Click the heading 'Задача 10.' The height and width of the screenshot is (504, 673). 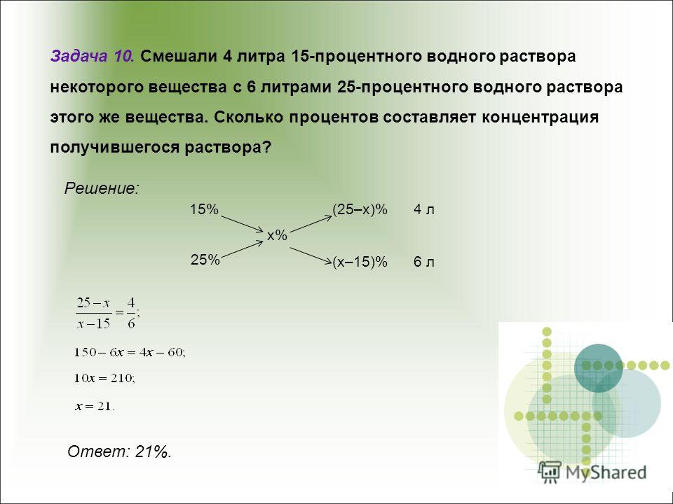click(93, 56)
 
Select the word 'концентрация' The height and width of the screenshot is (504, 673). click(540, 118)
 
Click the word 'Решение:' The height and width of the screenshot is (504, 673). click(102, 188)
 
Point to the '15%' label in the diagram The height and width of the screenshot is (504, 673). click(204, 209)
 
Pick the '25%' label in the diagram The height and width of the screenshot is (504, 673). click(205, 260)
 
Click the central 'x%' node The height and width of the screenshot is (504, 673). click(277, 235)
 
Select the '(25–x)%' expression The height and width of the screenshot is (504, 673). click(360, 209)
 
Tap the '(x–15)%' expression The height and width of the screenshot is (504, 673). click(360, 261)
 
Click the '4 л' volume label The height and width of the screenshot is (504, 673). click(424, 209)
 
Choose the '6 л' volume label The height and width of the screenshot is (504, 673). click(424, 262)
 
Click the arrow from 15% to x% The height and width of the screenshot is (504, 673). click(242, 224)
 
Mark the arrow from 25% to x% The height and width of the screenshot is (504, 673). click(242, 249)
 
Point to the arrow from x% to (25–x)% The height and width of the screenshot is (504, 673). click(311, 224)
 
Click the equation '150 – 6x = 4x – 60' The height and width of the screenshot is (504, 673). click(130, 353)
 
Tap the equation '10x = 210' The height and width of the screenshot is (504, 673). click(104, 379)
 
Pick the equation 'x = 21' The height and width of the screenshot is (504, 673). click(95, 406)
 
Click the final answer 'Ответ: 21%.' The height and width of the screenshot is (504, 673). click(120, 451)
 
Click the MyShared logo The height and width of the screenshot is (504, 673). click(592, 472)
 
